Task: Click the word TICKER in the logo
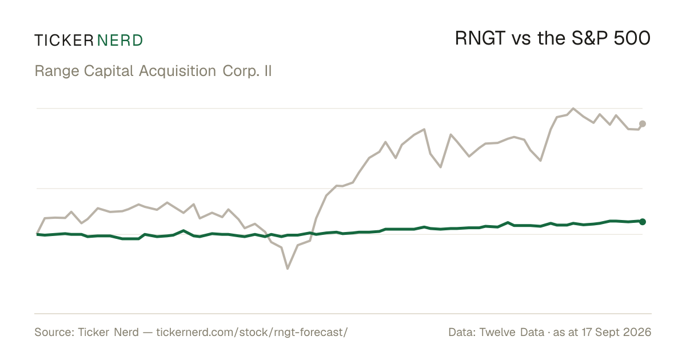[64, 41]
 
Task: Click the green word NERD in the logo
[119, 41]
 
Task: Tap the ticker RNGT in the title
[480, 39]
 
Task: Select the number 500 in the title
[632, 39]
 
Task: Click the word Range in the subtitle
[57, 71]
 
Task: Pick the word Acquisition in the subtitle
[178, 71]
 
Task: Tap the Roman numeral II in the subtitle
[268, 71]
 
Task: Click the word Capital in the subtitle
[109, 71]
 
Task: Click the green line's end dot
[643, 222]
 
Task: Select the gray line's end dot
[643, 123]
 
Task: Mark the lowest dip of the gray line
[288, 269]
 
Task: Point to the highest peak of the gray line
[573, 109]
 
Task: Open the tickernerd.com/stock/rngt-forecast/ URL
[252, 333]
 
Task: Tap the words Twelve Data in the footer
[512, 332]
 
